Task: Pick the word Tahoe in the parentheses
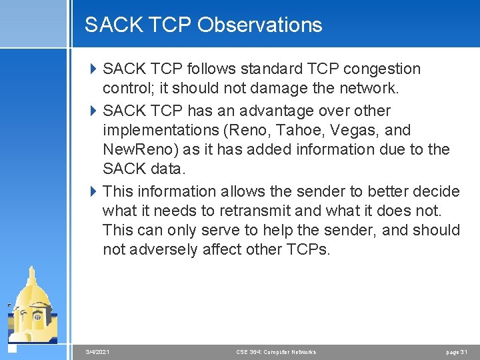pos(312,130)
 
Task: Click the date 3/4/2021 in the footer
pos(98,351)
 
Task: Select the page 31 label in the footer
pos(457,351)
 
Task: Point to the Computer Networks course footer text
pos(276,351)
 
